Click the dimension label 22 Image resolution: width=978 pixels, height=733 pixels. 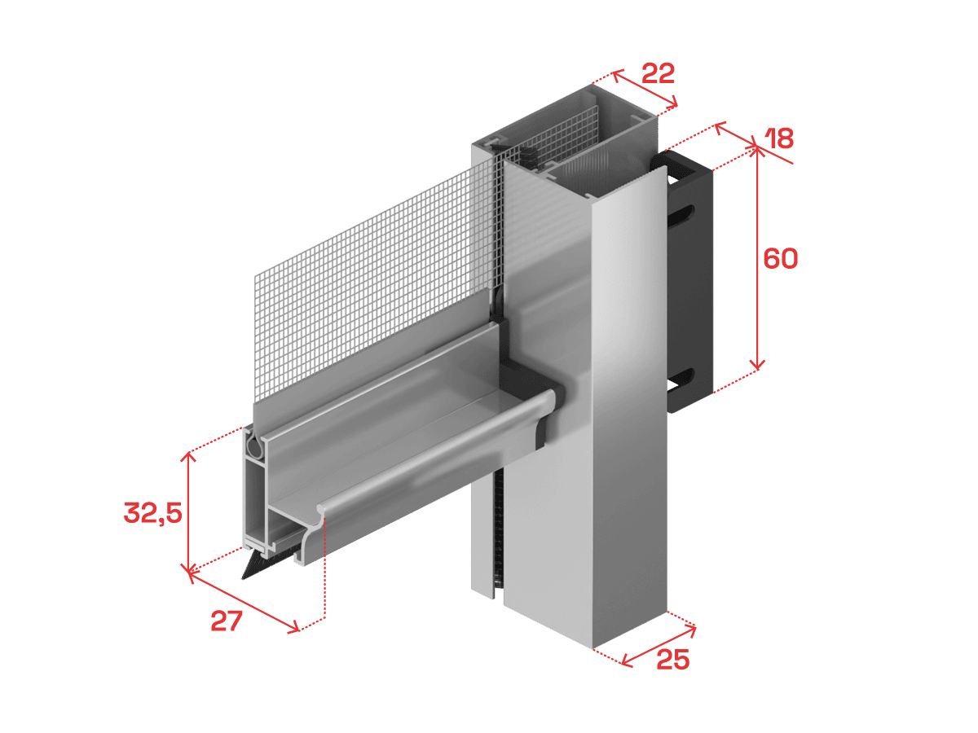pyautogui.click(x=658, y=74)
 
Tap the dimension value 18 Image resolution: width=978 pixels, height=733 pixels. pyautogui.click(x=779, y=138)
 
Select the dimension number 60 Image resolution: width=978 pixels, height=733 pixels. pyautogui.click(x=781, y=258)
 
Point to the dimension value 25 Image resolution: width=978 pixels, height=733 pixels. pyautogui.click(x=673, y=659)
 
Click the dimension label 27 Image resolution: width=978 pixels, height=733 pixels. pyautogui.click(x=227, y=621)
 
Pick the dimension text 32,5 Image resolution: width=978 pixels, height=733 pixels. pyautogui.click(x=153, y=513)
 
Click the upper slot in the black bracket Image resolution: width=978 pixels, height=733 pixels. pyautogui.click(x=681, y=215)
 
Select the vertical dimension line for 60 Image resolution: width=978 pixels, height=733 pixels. pyautogui.click(x=757, y=258)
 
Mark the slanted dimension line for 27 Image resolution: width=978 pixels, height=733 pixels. pyautogui.click(x=244, y=602)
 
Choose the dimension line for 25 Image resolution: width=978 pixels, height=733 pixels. pyautogui.click(x=658, y=646)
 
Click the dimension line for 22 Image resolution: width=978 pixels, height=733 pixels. pyautogui.click(x=645, y=89)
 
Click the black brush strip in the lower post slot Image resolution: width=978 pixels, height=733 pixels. pyautogui.click(x=498, y=534)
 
